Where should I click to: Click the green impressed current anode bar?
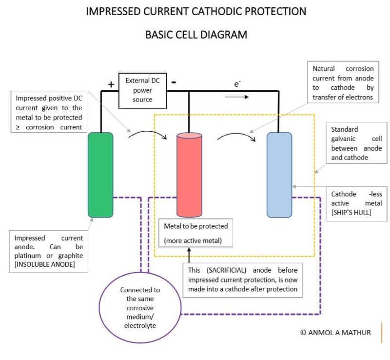(100, 175)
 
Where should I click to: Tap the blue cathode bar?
(279, 175)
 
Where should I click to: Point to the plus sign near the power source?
(111, 84)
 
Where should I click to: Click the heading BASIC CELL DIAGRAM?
(196, 35)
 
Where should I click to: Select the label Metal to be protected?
(196, 226)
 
